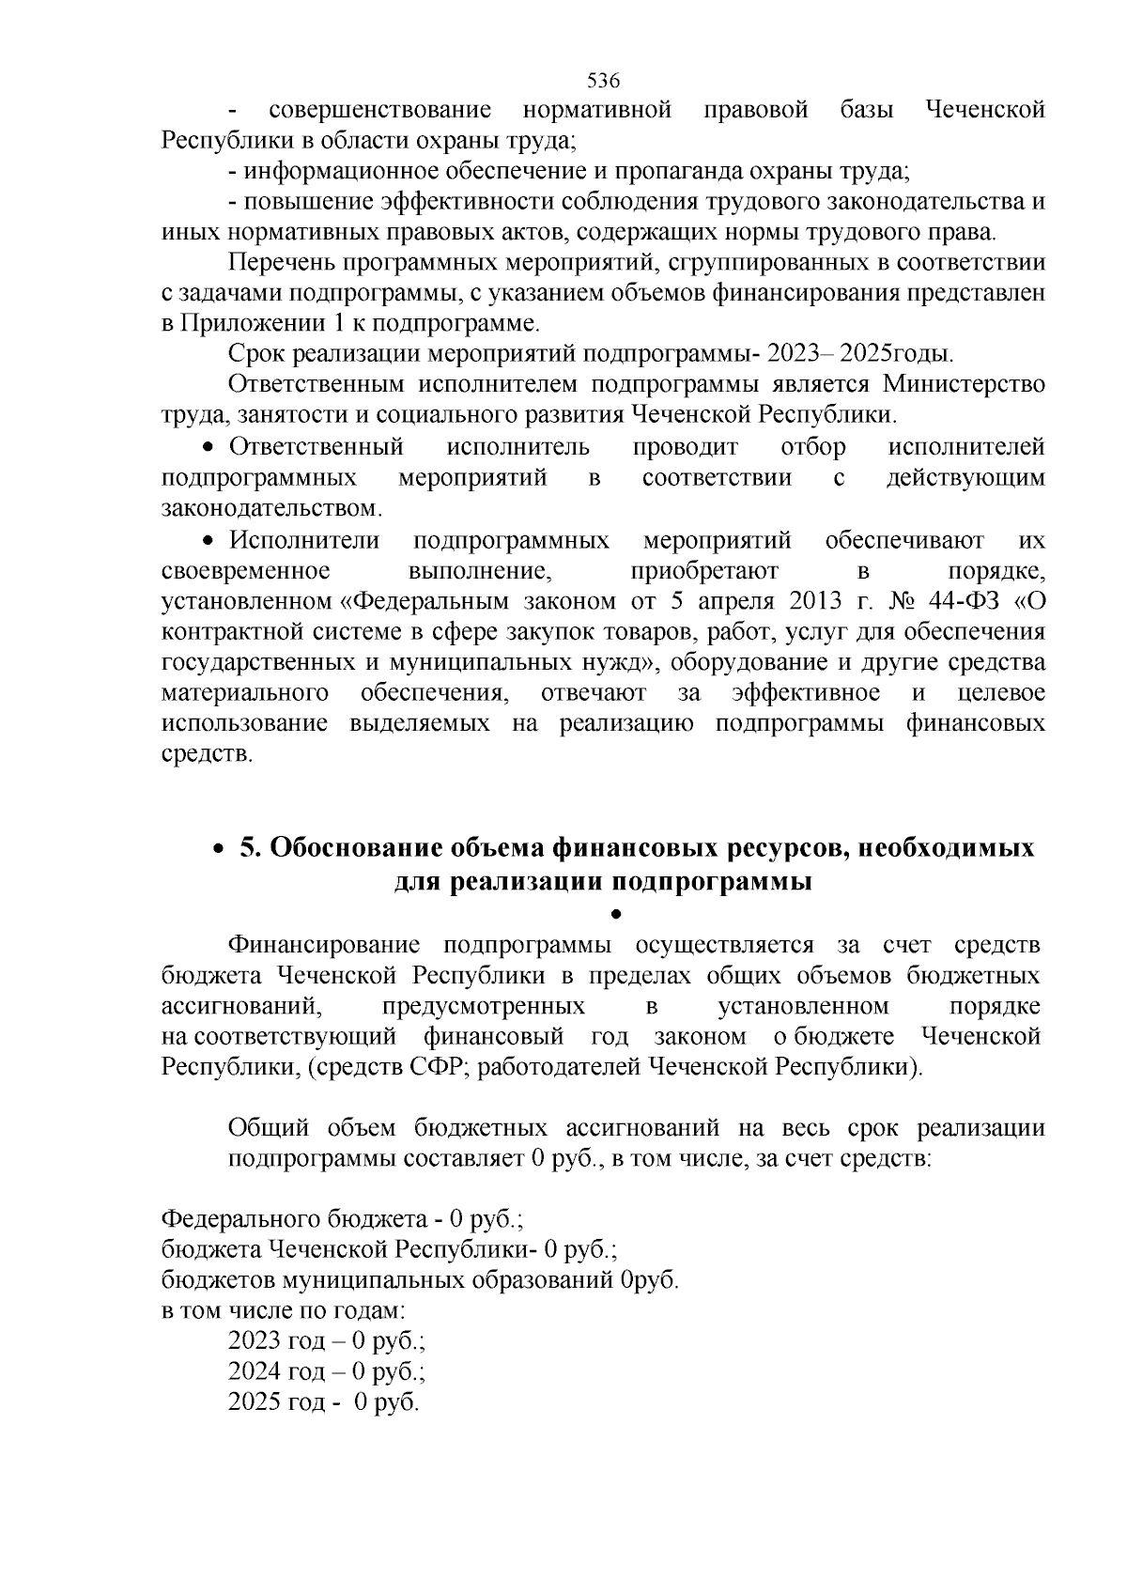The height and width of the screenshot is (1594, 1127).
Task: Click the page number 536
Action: point(603,80)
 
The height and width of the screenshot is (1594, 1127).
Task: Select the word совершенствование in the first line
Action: point(379,111)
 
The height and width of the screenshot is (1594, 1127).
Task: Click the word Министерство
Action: point(964,385)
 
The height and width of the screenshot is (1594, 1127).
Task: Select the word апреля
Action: point(723,602)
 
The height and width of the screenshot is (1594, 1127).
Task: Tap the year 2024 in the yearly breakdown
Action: point(255,1372)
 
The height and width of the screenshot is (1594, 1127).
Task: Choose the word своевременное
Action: point(245,572)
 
